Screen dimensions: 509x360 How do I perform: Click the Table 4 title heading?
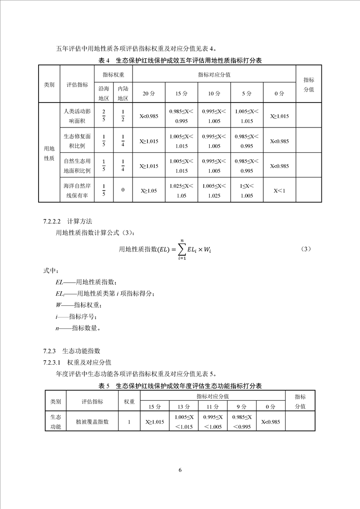(x=180, y=60)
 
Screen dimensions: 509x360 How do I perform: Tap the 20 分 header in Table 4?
(x=149, y=93)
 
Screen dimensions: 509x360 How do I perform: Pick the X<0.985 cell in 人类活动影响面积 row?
(x=149, y=116)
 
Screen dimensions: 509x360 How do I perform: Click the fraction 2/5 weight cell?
(x=104, y=116)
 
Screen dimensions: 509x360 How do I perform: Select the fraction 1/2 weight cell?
(x=123, y=116)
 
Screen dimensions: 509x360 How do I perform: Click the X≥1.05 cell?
(x=149, y=191)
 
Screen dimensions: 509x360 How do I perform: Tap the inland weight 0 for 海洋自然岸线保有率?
(x=123, y=190)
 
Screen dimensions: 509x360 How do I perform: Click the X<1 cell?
(x=279, y=191)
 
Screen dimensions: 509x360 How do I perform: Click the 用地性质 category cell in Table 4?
(x=49, y=153)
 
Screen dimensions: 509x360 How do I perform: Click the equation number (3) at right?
(x=306, y=249)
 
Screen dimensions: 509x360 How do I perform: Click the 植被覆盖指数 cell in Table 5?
(x=92, y=422)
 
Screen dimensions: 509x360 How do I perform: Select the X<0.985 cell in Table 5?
(x=271, y=422)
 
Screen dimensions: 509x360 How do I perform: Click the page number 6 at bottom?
(x=180, y=470)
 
